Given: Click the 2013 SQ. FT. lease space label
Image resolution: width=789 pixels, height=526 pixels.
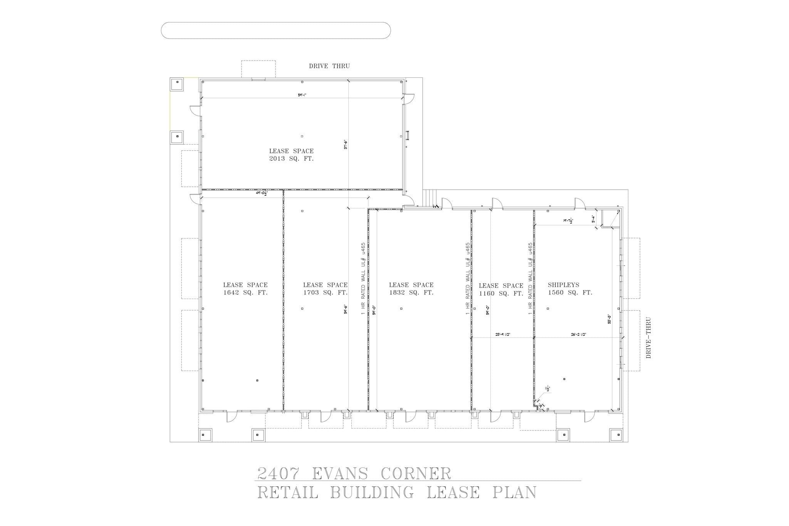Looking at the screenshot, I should click(x=291, y=158).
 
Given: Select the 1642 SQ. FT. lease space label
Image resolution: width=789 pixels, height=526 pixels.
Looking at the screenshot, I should click(x=245, y=292).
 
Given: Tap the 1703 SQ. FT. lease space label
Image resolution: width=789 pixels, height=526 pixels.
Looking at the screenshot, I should click(x=325, y=292).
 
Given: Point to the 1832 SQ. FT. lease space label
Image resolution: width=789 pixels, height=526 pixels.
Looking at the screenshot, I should click(x=411, y=292).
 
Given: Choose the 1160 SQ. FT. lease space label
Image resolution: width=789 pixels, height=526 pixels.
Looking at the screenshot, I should click(x=501, y=293).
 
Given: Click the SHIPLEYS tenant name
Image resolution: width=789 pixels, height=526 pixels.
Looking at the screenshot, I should click(x=563, y=285).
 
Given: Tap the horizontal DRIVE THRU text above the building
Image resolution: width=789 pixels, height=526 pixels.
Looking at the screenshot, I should click(x=329, y=66).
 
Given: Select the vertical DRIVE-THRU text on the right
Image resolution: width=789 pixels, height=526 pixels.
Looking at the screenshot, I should click(x=648, y=338).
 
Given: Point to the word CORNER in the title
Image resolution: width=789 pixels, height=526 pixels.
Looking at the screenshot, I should click(x=416, y=474).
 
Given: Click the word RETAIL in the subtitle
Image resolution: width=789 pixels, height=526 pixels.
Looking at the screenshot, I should click(x=288, y=492).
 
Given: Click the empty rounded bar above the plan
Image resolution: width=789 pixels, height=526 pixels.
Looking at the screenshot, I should click(x=275, y=30).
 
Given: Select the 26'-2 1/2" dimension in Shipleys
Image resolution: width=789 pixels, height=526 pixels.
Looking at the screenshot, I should click(x=578, y=335).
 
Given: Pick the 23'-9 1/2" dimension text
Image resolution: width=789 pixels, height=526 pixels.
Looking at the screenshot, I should click(x=503, y=335).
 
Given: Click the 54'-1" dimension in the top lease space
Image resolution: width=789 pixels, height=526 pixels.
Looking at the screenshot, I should click(x=302, y=95).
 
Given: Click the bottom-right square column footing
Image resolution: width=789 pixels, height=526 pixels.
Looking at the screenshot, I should click(x=616, y=434).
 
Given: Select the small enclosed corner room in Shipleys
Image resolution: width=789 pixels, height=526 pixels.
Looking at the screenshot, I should click(x=610, y=218).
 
